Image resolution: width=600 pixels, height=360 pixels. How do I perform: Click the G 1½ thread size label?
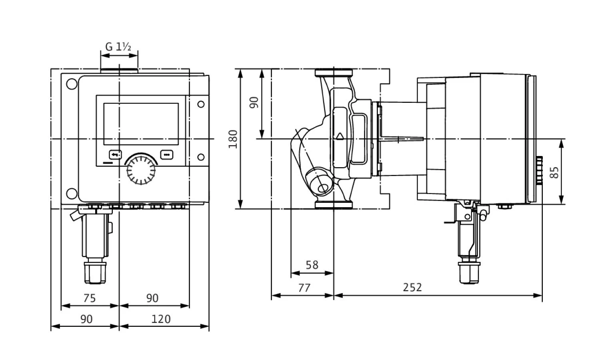click(x=118, y=47)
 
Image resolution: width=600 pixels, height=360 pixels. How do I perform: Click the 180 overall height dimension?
click(x=233, y=139)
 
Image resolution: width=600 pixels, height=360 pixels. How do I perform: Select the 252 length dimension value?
click(x=412, y=287)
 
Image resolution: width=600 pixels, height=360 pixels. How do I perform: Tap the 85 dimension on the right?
click(x=554, y=172)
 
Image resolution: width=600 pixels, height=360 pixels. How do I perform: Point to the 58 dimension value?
click(x=312, y=265)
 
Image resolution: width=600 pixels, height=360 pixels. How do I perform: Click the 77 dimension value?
click(x=304, y=287)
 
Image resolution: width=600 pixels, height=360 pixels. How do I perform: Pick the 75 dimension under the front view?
click(x=89, y=298)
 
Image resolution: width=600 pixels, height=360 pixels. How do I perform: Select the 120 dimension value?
click(x=161, y=319)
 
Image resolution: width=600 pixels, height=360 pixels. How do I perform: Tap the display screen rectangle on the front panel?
click(x=141, y=124)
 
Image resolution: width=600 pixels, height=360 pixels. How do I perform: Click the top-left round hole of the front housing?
click(x=72, y=85)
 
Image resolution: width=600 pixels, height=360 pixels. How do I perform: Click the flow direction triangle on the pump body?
click(x=340, y=136)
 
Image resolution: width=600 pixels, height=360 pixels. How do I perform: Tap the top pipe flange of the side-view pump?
click(x=334, y=73)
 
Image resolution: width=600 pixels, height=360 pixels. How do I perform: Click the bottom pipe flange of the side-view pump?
click(x=334, y=205)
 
